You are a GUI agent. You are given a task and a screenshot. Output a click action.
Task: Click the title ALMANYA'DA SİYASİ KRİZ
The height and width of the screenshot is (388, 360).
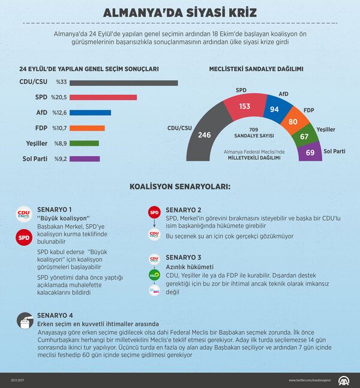[180, 13]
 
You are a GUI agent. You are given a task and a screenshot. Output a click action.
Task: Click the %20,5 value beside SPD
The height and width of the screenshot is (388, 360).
[59, 97]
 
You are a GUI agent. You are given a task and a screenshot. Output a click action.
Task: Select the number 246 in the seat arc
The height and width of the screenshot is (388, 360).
[204, 135]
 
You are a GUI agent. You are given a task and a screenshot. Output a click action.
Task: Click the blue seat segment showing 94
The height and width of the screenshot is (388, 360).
[275, 109]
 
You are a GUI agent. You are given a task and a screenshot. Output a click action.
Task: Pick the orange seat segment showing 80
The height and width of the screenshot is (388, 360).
[292, 121]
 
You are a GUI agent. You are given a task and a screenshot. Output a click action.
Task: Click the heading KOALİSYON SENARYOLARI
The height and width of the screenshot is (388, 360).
[180, 187]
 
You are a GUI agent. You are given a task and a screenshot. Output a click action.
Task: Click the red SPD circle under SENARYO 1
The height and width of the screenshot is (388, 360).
[24, 238]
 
